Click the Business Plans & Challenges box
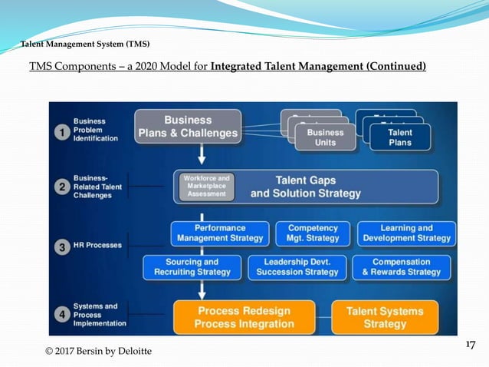tap(188, 127)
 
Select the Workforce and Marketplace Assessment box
tap(206, 186)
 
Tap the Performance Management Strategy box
tap(219, 233)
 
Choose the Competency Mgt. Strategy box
tap(313, 233)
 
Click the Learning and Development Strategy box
tap(406, 233)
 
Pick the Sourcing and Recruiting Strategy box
tap(192, 267)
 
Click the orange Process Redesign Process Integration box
tap(245, 317)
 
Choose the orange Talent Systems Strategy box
tap(385, 317)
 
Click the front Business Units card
tap(326, 137)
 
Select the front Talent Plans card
tap(400, 137)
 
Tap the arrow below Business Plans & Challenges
tap(202, 155)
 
